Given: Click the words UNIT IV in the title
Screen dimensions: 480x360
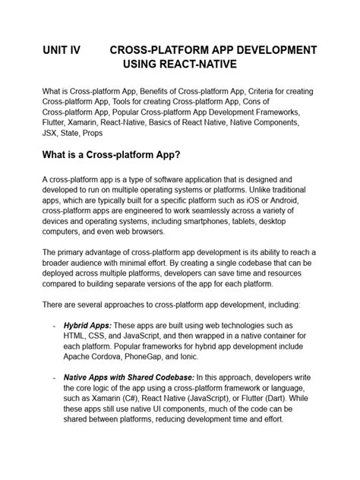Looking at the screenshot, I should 63,49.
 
